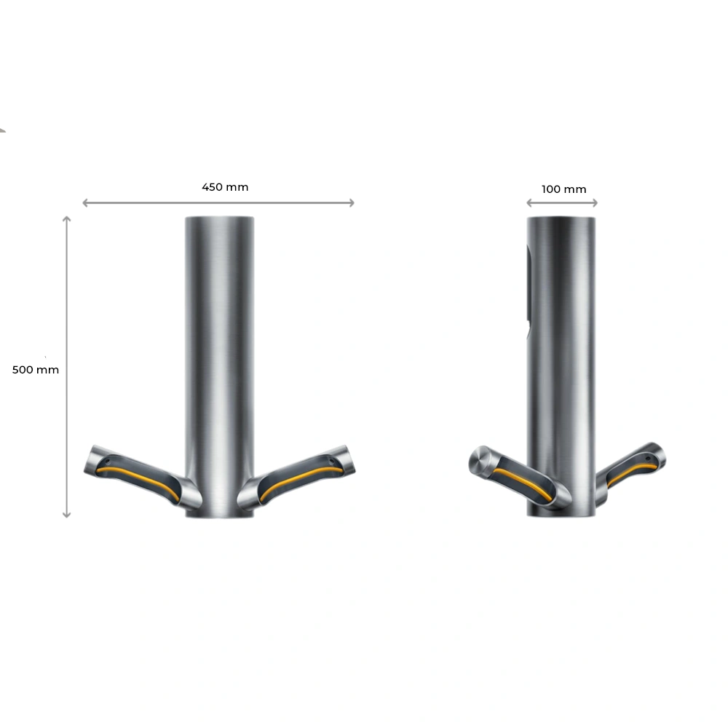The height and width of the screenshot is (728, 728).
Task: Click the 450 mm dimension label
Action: (225, 187)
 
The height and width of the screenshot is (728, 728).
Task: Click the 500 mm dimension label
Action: (35, 370)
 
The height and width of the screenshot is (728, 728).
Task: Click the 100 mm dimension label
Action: (563, 189)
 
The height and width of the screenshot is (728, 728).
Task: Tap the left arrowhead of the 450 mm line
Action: (85, 203)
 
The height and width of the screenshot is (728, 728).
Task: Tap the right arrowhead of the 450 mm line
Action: (352, 203)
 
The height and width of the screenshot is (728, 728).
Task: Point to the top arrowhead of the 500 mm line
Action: (67, 218)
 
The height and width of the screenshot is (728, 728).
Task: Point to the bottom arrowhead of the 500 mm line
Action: (67, 515)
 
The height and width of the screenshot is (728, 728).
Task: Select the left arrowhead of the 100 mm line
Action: (529, 203)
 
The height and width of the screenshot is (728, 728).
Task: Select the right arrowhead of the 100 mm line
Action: (595, 203)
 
